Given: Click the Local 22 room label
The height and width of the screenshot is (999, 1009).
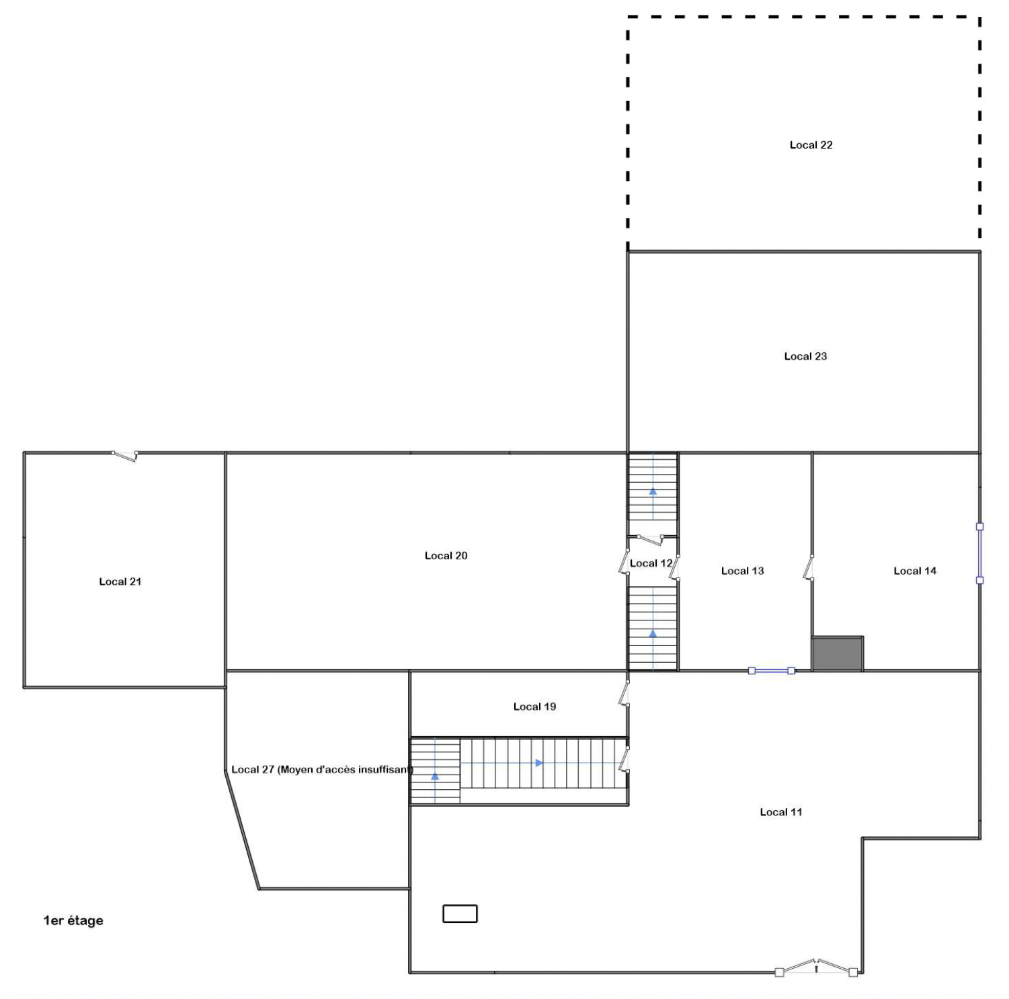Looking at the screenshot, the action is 811,145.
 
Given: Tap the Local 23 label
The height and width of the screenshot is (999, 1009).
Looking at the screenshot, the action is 805,356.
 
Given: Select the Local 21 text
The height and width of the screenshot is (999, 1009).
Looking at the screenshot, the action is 120,582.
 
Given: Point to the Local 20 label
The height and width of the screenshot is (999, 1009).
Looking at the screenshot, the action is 446,555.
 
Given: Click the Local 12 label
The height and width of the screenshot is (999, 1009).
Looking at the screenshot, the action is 651,563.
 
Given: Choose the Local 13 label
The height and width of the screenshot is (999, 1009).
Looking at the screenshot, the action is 742,571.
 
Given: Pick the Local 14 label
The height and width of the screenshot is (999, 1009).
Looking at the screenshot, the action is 914,571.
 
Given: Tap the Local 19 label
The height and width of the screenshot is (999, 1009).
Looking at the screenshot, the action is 534,707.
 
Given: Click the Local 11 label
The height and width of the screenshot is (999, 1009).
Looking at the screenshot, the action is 780,812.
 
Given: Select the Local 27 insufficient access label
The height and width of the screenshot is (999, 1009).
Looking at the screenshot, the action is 322,770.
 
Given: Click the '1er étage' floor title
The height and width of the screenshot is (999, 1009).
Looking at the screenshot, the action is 73,921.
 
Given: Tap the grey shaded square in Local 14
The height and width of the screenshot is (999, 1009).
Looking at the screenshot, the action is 838,654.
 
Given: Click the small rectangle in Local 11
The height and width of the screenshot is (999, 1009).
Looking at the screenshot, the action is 460,914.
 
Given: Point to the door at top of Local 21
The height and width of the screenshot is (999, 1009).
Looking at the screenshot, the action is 125,456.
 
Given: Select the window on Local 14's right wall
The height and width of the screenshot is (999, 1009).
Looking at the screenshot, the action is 979,553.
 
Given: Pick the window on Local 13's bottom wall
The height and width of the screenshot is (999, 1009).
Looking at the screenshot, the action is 772,670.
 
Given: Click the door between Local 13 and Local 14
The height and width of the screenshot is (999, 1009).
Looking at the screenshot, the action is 809,567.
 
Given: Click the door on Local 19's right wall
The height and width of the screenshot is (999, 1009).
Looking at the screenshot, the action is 624,693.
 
